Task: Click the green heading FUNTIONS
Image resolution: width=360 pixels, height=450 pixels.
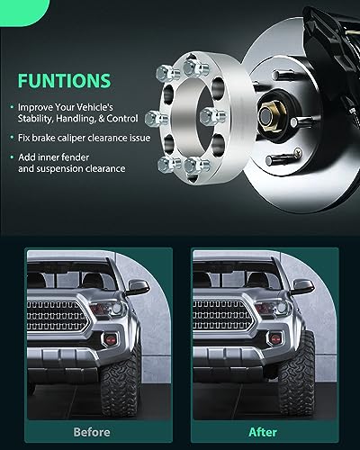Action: click(x=64, y=80)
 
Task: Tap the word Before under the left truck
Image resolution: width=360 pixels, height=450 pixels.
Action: click(x=92, y=432)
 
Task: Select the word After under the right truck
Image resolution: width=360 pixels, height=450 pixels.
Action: click(x=263, y=432)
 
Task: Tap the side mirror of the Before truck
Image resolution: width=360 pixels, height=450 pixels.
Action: click(x=138, y=287)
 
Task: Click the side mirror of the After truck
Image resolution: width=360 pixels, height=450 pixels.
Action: click(x=303, y=287)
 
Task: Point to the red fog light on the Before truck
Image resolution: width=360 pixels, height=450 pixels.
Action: click(x=111, y=339)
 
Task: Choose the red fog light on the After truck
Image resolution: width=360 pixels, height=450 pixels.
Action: click(x=275, y=339)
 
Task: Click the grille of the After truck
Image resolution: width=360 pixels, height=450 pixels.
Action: click(x=223, y=315)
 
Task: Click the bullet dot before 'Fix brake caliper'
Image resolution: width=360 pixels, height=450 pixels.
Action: click(x=12, y=138)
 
